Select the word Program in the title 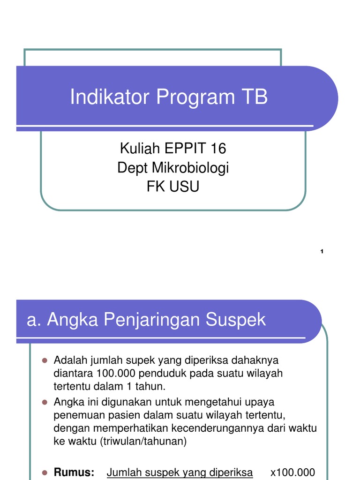(x=195, y=97)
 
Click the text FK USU (x=173, y=187)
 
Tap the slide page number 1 (x=322, y=252)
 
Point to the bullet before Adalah (x=45, y=360)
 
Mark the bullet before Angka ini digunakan (x=45, y=402)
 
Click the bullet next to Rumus (x=45, y=472)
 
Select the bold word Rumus (x=75, y=472)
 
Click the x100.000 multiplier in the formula (x=293, y=472)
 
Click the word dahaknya (x=254, y=360)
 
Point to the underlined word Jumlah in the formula (x=123, y=472)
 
